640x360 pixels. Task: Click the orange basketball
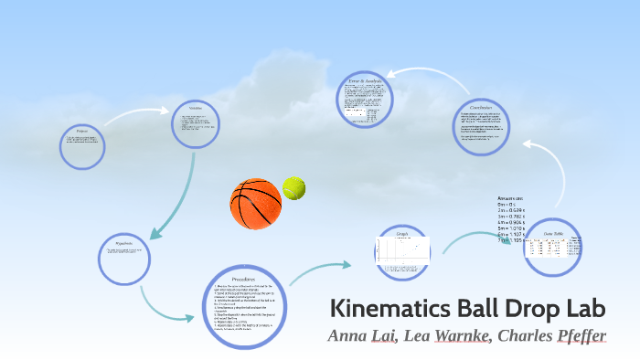pyautogui.click(x=255, y=203)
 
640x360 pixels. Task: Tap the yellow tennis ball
pyautogui.click(x=293, y=188)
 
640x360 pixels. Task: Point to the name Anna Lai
pyautogui.click(x=365, y=335)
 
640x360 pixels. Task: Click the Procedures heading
pyautogui.click(x=242, y=278)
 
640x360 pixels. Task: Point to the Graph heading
pyautogui.click(x=401, y=234)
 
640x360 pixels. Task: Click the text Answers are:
pyautogui.click(x=510, y=198)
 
